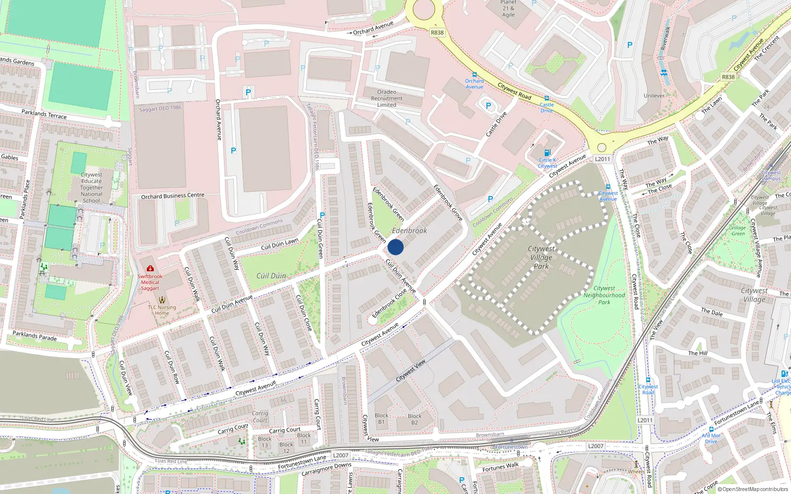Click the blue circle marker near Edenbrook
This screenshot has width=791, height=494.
395,247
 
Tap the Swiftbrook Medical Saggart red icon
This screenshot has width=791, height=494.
150,268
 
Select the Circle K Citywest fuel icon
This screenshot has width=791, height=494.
547,153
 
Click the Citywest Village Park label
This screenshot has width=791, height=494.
541,257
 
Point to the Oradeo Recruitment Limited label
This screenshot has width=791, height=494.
387,98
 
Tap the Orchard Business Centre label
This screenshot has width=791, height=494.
173,196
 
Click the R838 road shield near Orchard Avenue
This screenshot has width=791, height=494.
437,33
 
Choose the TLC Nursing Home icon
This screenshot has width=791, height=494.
162,299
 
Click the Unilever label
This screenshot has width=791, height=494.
654,96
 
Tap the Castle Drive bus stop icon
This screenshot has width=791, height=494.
546,98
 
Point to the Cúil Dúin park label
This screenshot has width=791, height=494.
271,276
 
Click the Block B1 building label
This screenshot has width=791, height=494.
381,419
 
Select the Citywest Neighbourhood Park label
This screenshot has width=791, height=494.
604,295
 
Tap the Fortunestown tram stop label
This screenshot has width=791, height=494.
511,447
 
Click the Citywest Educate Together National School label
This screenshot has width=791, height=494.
91,188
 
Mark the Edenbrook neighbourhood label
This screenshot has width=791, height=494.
409,231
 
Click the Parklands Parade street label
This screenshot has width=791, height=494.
35,336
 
